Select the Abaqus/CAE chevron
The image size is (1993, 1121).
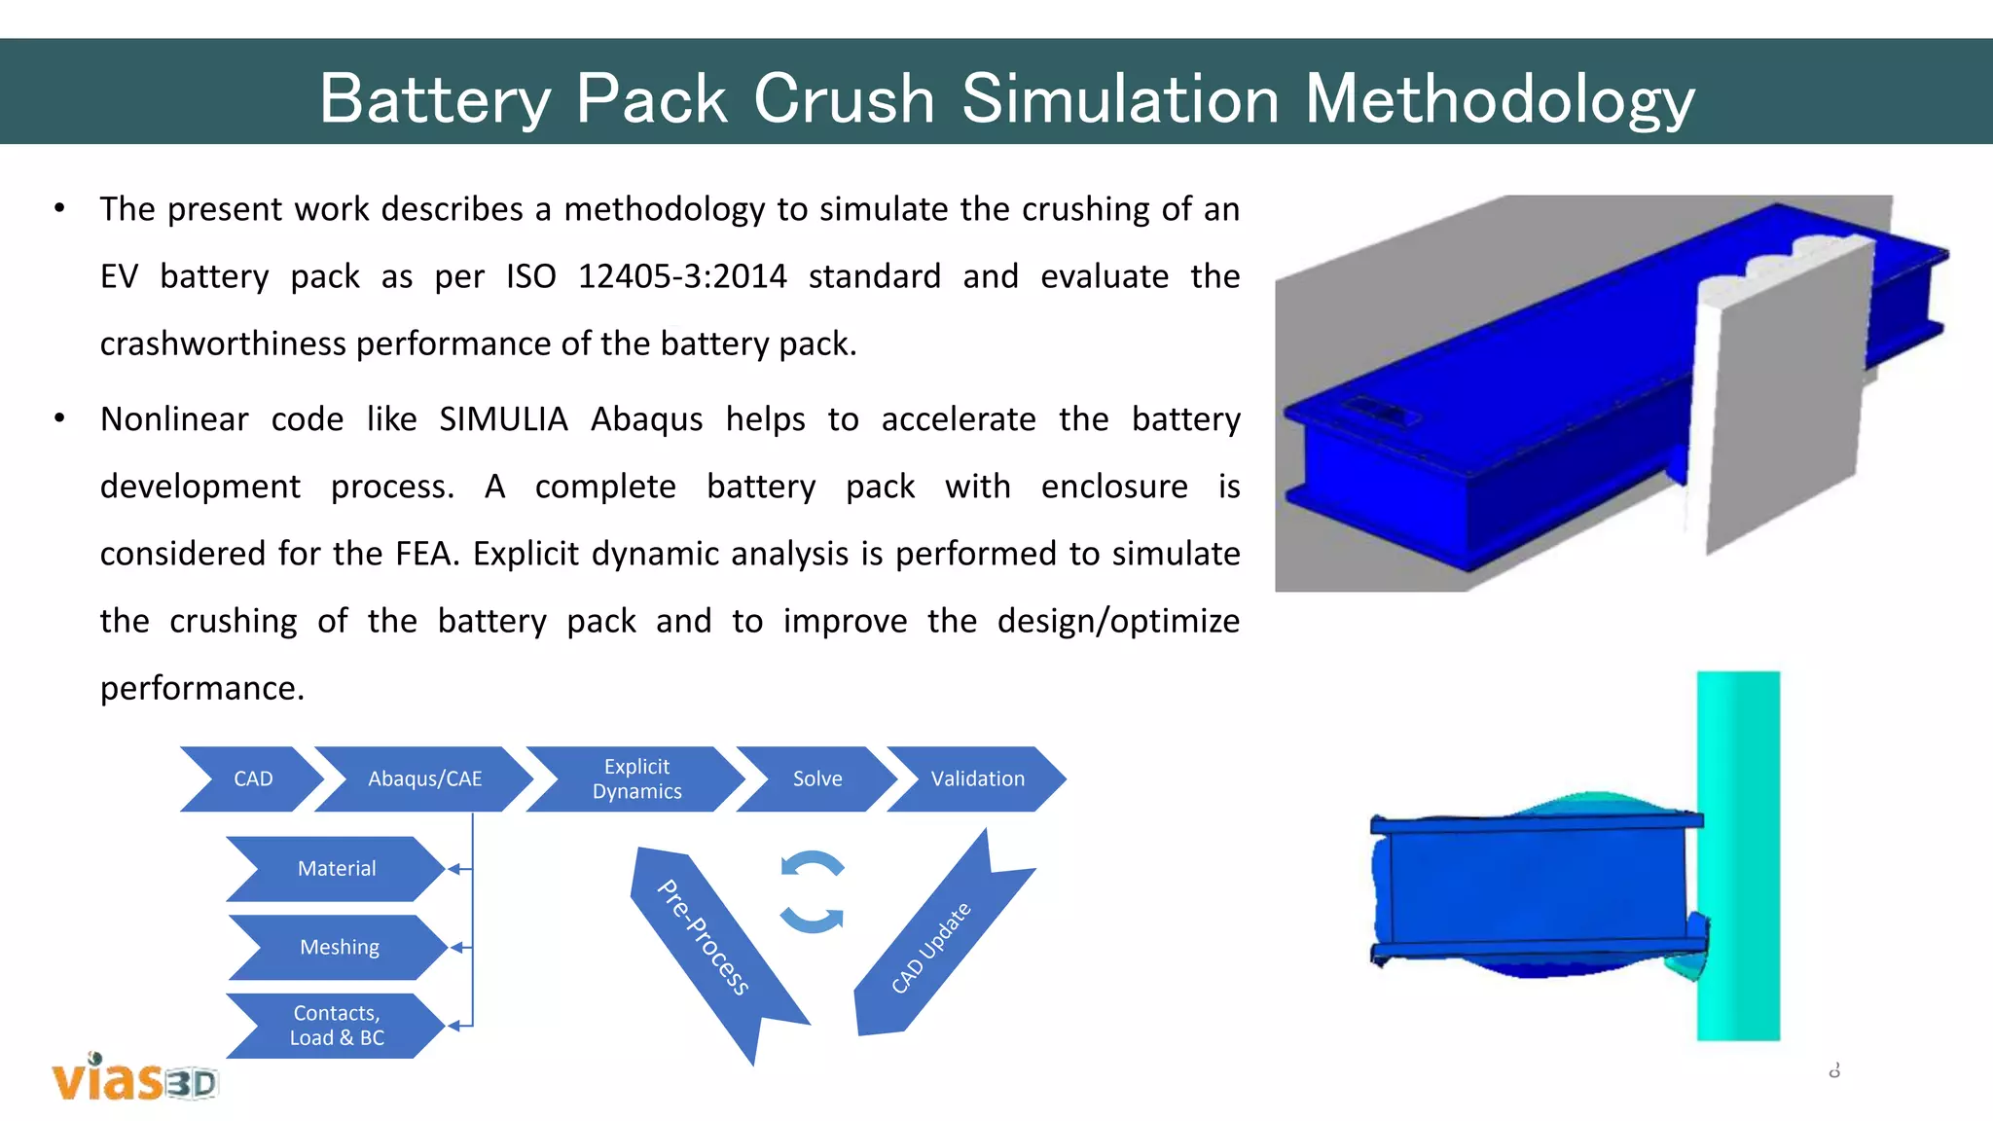pyautogui.click(x=424, y=778)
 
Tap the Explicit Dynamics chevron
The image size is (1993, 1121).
pyautogui.click(x=636, y=778)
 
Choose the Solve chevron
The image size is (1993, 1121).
pyautogui.click(x=816, y=778)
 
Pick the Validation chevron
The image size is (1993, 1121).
pyautogui.click(x=977, y=778)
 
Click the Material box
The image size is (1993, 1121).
pyautogui.click(x=336, y=868)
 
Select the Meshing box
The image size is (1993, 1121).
pyautogui.click(x=339, y=947)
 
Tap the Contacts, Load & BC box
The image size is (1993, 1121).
pyautogui.click(x=336, y=1026)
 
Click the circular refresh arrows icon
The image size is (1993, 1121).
pyautogui.click(x=812, y=891)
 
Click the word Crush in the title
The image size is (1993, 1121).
pyautogui.click(x=844, y=98)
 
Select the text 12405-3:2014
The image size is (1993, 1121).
pyautogui.click(x=681, y=276)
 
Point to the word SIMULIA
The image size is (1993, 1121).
pyautogui.click(x=503, y=419)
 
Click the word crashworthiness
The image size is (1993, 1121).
pyautogui.click(x=224, y=344)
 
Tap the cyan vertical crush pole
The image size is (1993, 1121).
pyautogui.click(x=1738, y=856)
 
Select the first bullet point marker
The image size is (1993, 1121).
pyautogui.click(x=60, y=209)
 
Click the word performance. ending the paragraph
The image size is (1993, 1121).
pyautogui.click(x=202, y=688)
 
